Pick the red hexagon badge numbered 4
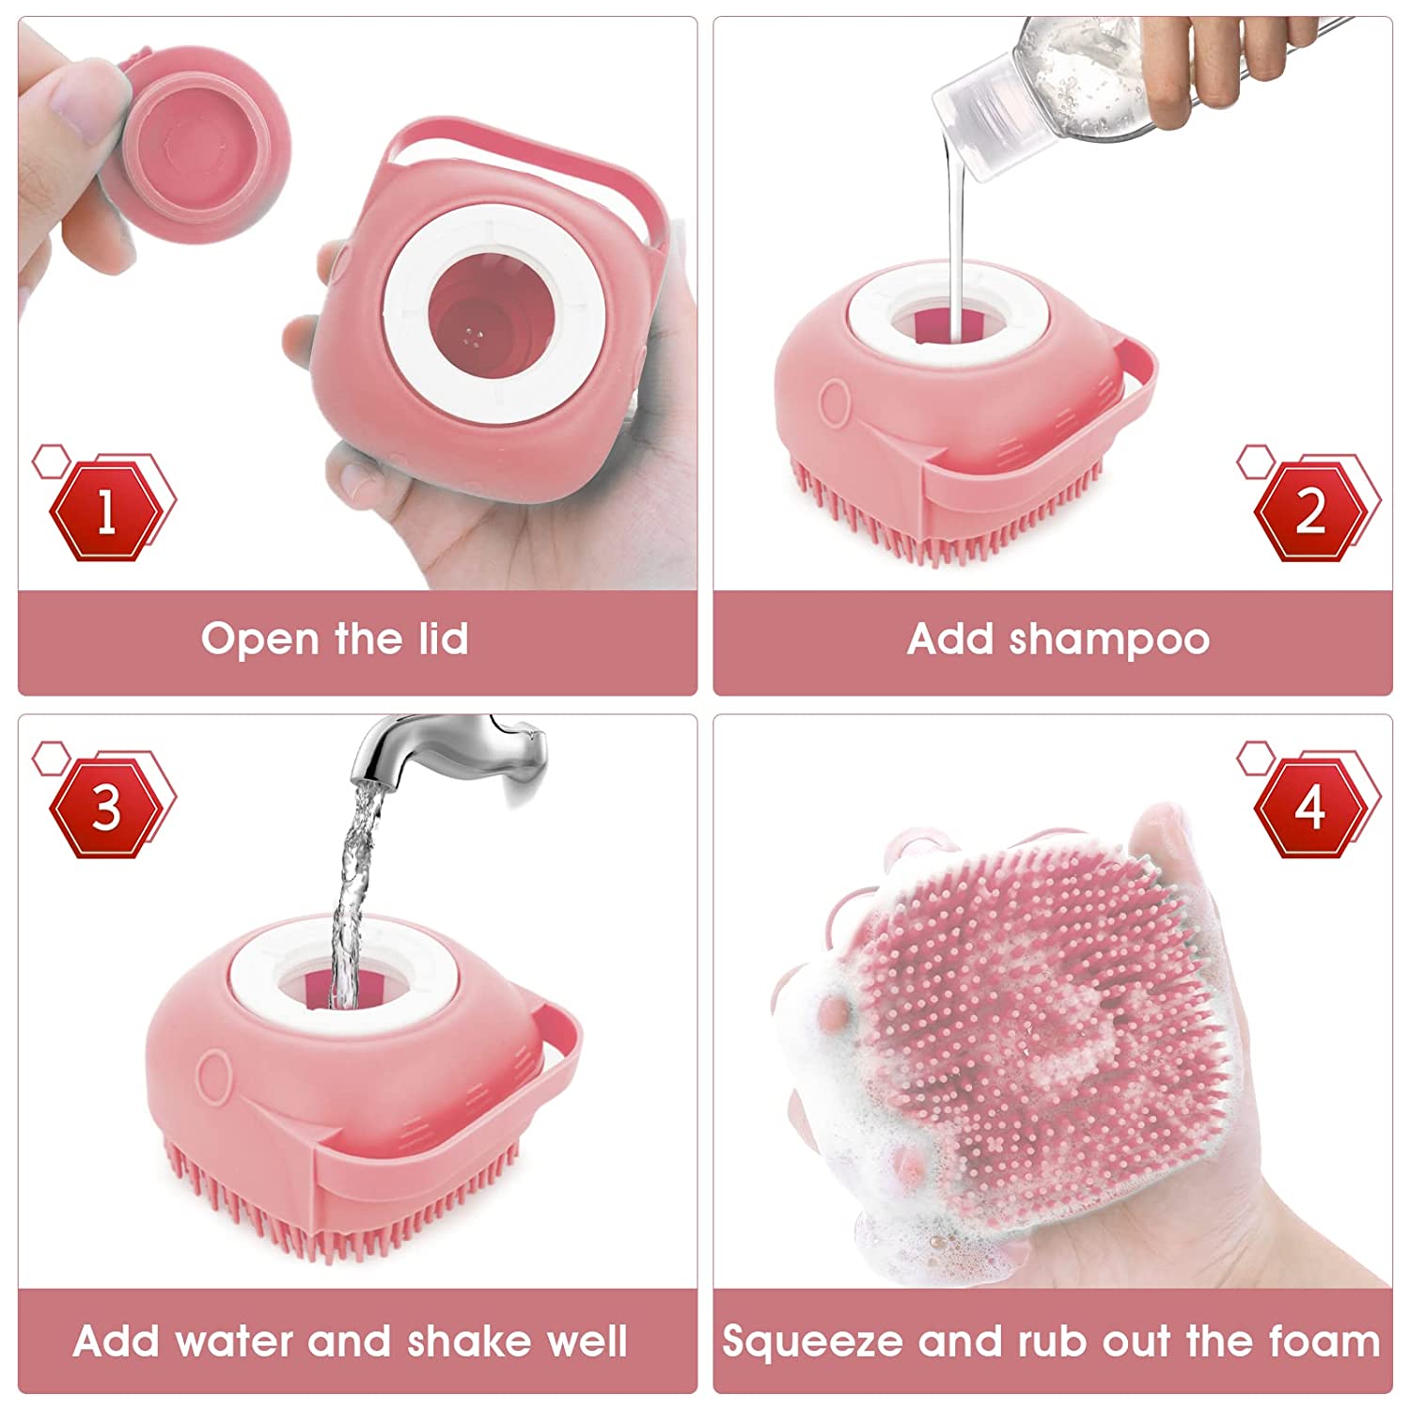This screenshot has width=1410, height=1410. tap(1310, 807)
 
